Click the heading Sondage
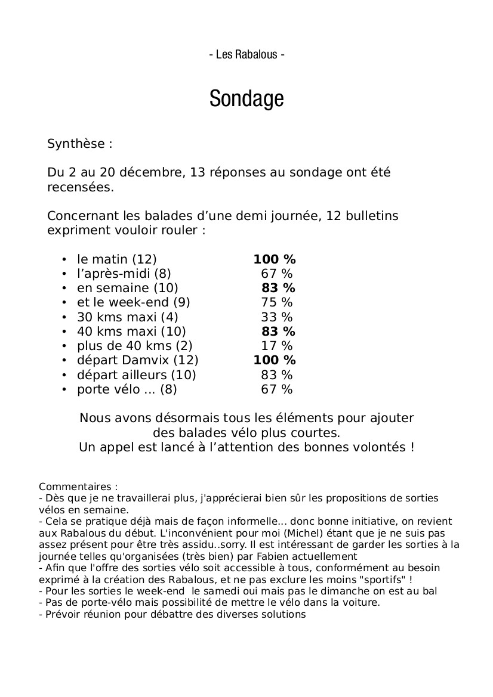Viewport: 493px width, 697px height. click(x=246, y=99)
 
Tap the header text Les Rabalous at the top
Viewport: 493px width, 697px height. click(x=246, y=55)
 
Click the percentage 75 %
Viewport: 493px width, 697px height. click(x=277, y=303)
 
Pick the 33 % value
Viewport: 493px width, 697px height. click(x=277, y=317)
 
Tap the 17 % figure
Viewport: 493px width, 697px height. click(x=277, y=346)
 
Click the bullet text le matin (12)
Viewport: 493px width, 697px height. click(x=116, y=259)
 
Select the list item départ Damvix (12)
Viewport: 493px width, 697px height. click(x=137, y=360)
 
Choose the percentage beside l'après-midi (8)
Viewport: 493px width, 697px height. click(x=277, y=274)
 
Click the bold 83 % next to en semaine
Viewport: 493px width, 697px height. click(x=278, y=289)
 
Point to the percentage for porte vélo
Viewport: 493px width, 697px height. click(x=277, y=390)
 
